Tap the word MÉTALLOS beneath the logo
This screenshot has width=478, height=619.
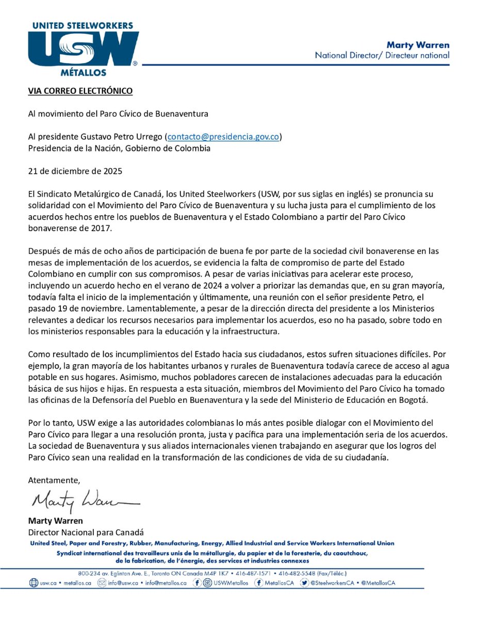83,73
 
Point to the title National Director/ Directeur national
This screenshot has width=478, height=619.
382,55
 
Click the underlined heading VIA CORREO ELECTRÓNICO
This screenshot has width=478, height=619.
80,91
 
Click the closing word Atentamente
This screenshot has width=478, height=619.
54,480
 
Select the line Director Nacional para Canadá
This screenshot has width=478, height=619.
85,532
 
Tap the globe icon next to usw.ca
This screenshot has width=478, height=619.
34,583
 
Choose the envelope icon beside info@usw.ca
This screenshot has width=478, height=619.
101,583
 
